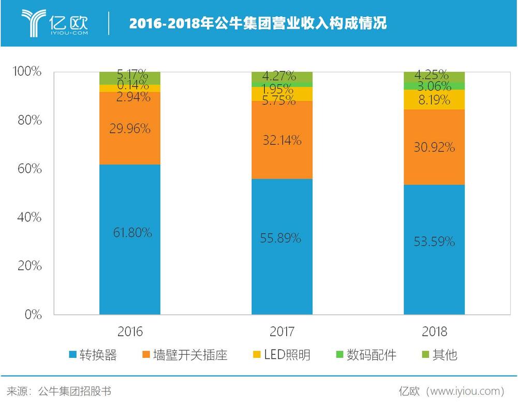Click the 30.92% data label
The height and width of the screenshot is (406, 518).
(x=434, y=147)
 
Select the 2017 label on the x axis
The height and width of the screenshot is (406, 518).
(x=282, y=332)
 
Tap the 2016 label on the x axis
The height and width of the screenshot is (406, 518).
(x=130, y=332)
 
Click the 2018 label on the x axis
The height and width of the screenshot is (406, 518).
(x=434, y=332)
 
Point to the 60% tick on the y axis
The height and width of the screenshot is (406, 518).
(x=26, y=169)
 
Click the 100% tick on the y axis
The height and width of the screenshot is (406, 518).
(x=25, y=71)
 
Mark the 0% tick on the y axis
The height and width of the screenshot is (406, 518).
(x=32, y=314)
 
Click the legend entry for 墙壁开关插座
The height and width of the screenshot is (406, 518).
(x=184, y=355)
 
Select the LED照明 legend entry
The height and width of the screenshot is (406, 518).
(x=281, y=355)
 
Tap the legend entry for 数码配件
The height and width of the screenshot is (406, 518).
(x=365, y=355)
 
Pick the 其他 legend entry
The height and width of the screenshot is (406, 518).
(x=439, y=355)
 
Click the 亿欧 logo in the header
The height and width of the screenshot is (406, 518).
(x=55, y=23)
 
